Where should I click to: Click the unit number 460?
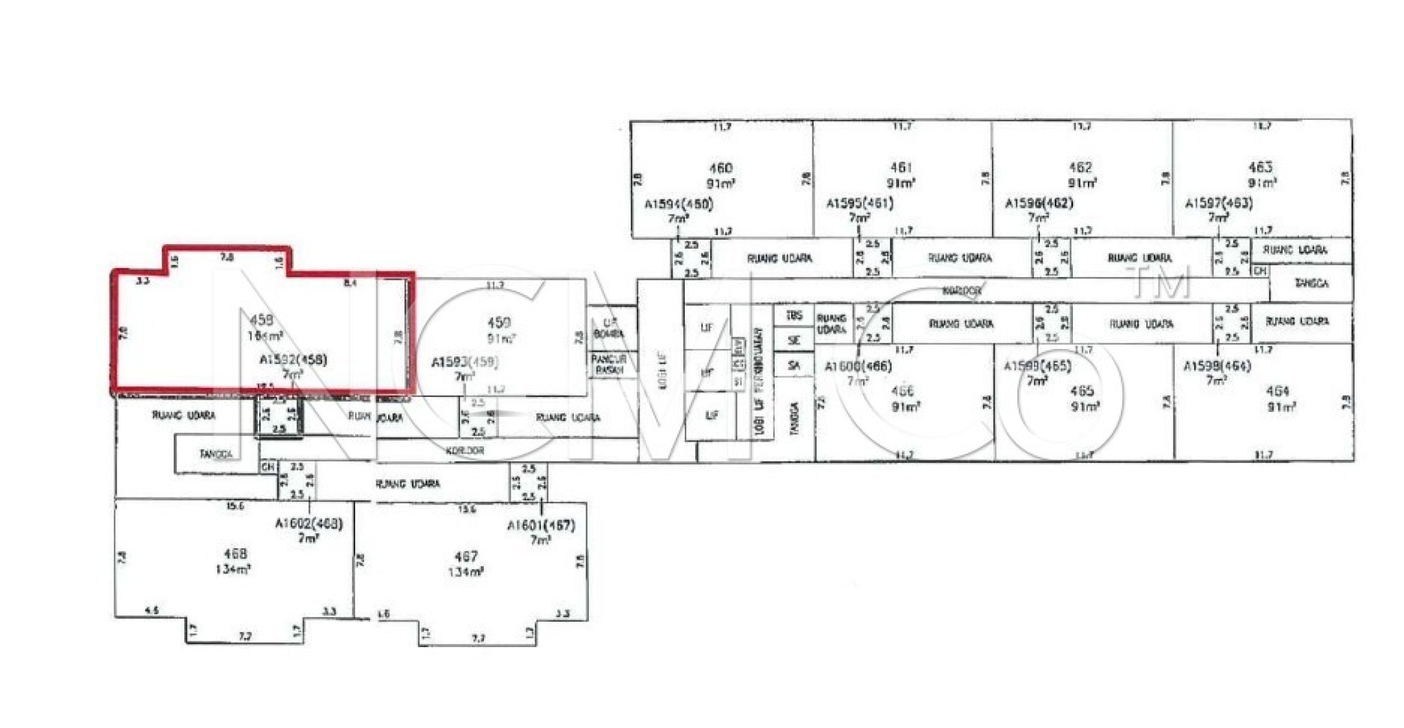tap(720, 168)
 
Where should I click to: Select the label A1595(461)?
tap(859, 204)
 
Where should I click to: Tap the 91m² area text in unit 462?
tap(1082, 183)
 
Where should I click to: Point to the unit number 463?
tap(1260, 167)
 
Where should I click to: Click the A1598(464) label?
tap(1217, 366)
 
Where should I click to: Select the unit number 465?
tap(1081, 391)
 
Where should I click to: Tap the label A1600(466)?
tap(858, 367)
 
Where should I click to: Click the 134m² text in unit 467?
tap(465, 572)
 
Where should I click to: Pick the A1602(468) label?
tap(308, 524)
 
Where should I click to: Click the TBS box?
tap(794, 316)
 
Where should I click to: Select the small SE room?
tap(794, 340)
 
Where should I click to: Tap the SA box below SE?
tap(794, 365)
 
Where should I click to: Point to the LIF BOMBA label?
tap(609, 328)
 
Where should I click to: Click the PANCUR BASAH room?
tap(609, 364)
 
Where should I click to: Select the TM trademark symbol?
tap(1162, 282)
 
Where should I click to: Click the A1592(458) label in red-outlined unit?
tap(293, 360)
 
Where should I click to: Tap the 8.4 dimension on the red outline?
tap(350, 282)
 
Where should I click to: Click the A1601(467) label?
tap(540, 526)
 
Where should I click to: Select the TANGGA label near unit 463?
tap(1311, 283)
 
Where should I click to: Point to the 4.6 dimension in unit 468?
tap(152, 610)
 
